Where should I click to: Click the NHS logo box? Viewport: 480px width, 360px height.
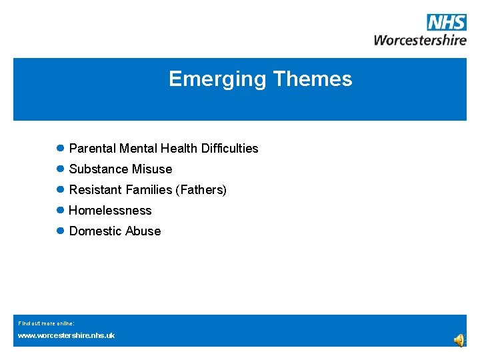[446, 22]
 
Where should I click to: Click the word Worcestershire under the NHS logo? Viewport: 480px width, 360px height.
[420, 39]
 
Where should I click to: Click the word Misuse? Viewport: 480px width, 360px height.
[152, 169]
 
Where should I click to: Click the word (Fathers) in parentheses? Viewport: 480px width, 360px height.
[201, 190]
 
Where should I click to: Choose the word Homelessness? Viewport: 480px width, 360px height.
[110, 211]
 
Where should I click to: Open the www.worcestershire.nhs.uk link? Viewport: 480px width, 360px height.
[66, 335]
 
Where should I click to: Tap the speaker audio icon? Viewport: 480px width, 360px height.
[460, 341]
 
